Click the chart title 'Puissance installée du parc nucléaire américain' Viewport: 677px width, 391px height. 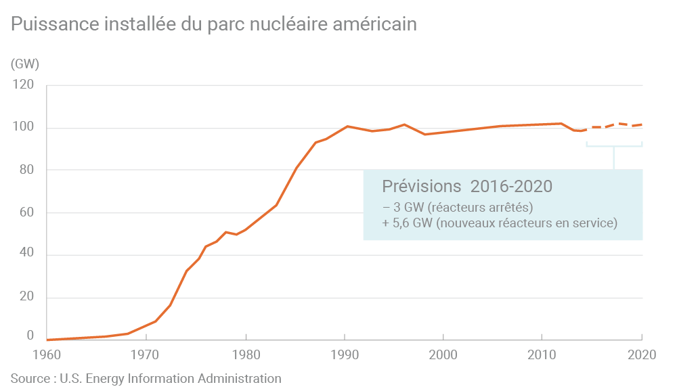click(x=213, y=24)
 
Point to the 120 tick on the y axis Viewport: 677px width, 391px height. click(x=24, y=85)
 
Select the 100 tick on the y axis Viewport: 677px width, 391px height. click(x=24, y=128)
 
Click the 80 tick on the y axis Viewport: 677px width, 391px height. click(x=26, y=170)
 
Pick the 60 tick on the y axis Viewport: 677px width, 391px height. click(x=26, y=212)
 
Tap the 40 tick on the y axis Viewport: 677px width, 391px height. click(x=26, y=255)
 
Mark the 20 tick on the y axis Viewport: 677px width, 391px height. click(x=26, y=298)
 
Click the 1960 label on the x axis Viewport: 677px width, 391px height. click(x=47, y=355)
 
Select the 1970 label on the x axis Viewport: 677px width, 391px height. click(x=146, y=355)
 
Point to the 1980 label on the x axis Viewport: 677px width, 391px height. click(x=245, y=355)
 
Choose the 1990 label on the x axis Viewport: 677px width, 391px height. click(x=344, y=355)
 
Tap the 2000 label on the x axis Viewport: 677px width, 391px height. click(x=443, y=355)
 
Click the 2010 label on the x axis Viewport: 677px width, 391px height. click(x=542, y=355)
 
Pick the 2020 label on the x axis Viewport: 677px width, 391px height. click(x=640, y=355)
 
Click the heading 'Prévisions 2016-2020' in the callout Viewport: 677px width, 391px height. click(x=467, y=186)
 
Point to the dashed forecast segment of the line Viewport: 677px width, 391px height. click(x=613, y=125)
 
